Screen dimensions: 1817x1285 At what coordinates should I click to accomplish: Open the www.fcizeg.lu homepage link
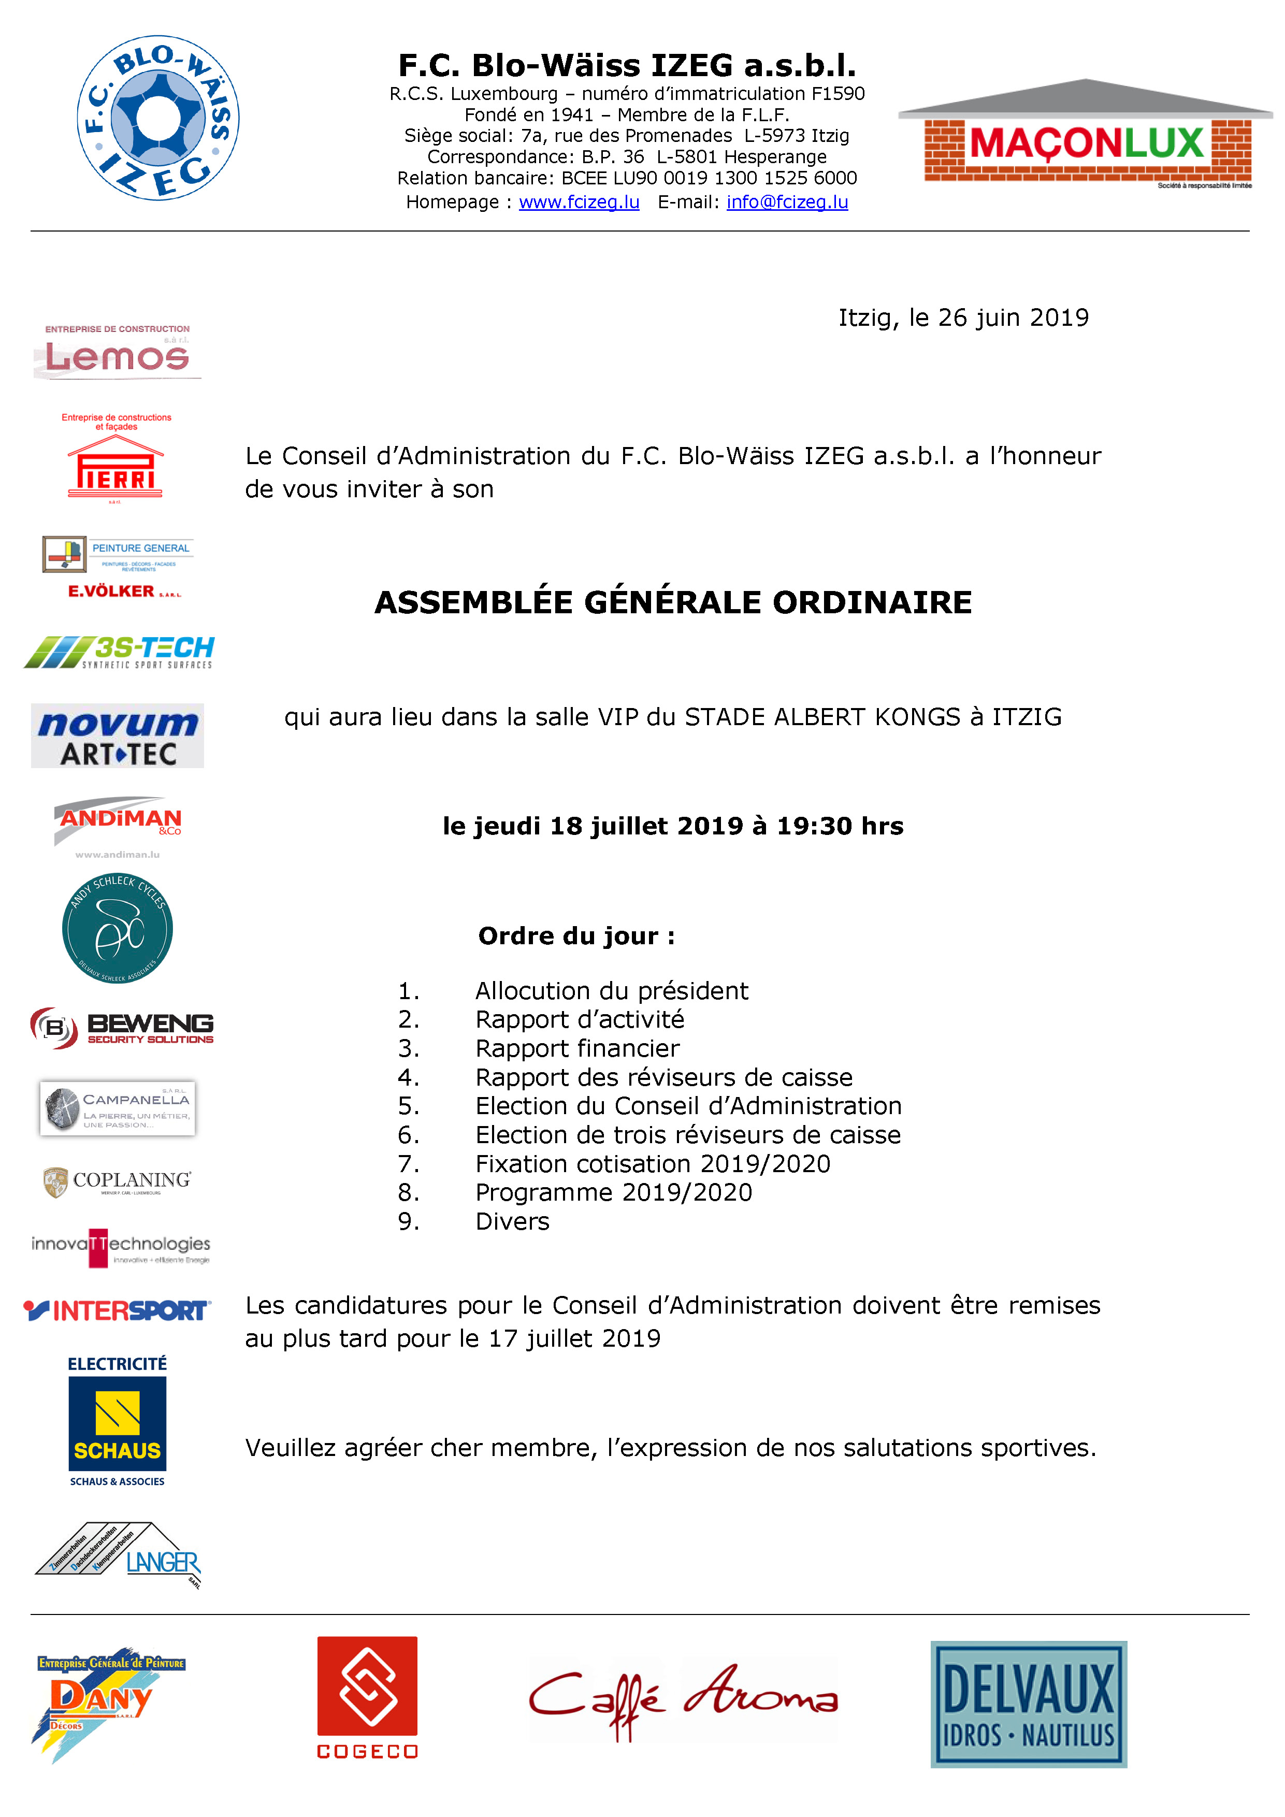[x=579, y=203]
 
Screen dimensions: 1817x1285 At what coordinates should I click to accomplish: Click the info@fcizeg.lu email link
[x=787, y=203]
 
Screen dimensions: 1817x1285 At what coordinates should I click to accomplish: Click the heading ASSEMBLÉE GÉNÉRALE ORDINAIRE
[x=673, y=603]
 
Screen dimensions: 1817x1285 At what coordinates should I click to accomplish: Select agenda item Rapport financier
[x=577, y=1048]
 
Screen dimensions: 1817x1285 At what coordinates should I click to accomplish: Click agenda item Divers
[x=512, y=1222]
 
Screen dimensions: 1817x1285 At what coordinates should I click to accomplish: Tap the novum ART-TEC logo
[x=117, y=736]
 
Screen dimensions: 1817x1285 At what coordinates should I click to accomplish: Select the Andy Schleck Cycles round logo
[x=117, y=928]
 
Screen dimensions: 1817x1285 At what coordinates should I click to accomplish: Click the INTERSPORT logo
[x=117, y=1310]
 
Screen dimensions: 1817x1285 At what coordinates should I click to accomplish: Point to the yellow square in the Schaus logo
[x=117, y=1412]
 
